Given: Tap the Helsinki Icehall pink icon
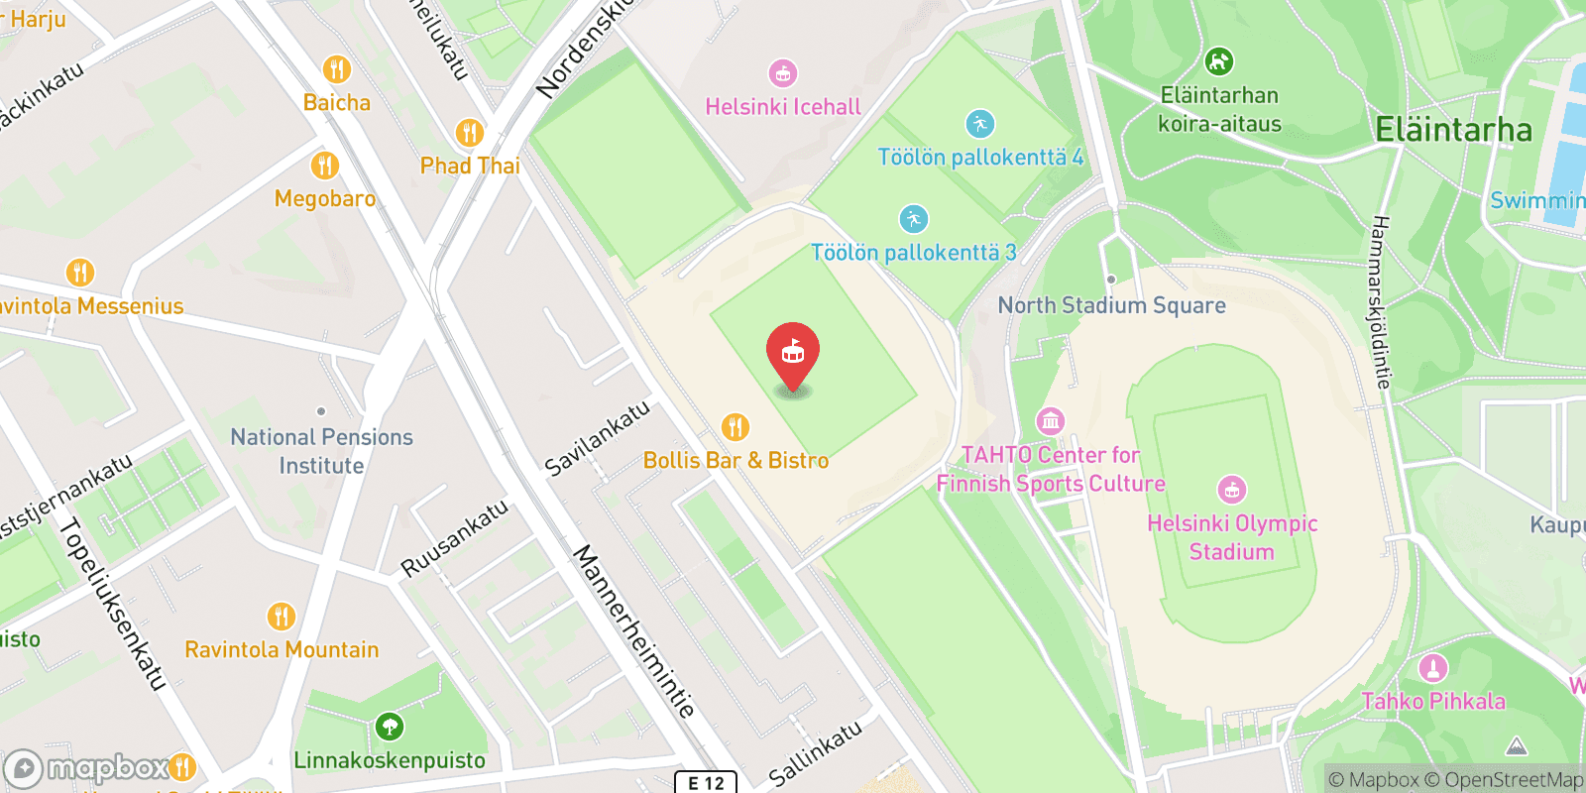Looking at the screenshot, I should [x=783, y=73].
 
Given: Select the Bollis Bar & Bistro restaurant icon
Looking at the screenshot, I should [x=735, y=427].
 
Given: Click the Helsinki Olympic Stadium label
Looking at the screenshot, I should [x=1232, y=537].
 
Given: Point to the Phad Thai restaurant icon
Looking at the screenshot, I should [x=469, y=133].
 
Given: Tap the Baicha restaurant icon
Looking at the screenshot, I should [x=337, y=69].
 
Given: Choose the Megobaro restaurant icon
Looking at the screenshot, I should [x=324, y=166].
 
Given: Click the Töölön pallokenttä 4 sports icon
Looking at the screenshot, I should [x=979, y=124].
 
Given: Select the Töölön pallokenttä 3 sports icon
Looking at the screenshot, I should [x=913, y=219].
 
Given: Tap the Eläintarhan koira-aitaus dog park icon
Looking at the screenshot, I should [x=1218, y=61].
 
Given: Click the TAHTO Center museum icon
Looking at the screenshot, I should [x=1050, y=421].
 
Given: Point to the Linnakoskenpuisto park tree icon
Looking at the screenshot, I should [x=389, y=727].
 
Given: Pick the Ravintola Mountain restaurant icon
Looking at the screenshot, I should [x=282, y=617].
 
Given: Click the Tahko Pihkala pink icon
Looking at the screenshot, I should [x=1432, y=668].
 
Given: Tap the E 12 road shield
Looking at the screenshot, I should [x=706, y=782].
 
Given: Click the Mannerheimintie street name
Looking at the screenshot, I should [x=634, y=630].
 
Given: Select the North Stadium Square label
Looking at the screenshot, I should [x=1111, y=305].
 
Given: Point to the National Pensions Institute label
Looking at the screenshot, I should [x=321, y=451].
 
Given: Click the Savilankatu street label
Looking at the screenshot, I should [x=598, y=437].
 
